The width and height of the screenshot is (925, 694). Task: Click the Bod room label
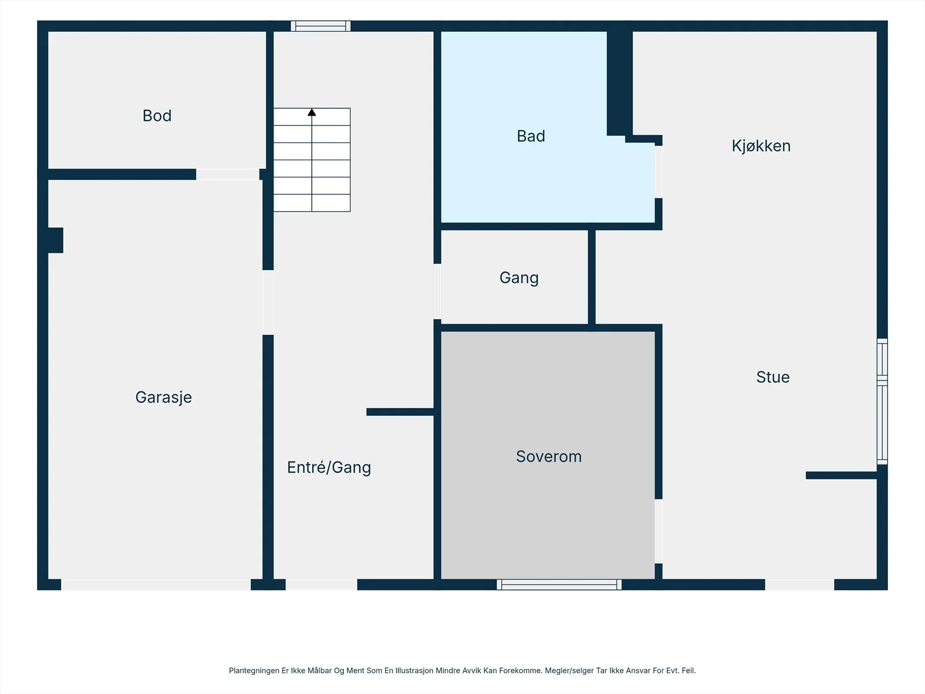tap(157, 116)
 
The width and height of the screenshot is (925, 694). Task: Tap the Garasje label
tap(164, 397)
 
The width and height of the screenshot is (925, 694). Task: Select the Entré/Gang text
tap(329, 467)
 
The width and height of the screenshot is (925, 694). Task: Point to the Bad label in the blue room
tap(531, 136)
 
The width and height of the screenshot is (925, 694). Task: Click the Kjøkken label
tap(761, 146)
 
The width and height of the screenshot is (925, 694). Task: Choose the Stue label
tap(773, 377)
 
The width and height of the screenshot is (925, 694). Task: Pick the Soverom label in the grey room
tap(549, 456)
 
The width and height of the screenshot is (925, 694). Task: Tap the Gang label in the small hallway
tap(519, 278)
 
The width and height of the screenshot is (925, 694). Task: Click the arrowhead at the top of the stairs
tap(312, 112)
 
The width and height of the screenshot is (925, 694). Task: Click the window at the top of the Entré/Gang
tap(321, 26)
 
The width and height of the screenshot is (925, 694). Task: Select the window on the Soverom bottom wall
tap(559, 585)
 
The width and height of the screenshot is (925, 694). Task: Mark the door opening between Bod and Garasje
tap(228, 175)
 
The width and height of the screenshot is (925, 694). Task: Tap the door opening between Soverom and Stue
tap(658, 531)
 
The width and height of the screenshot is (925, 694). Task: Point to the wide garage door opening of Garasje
tap(156, 585)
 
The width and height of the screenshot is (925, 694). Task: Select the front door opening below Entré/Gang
tap(321, 585)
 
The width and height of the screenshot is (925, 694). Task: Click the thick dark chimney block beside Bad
tap(620, 83)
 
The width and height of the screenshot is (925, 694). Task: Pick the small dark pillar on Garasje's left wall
tap(55, 240)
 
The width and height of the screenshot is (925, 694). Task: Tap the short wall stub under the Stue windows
tap(842, 475)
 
